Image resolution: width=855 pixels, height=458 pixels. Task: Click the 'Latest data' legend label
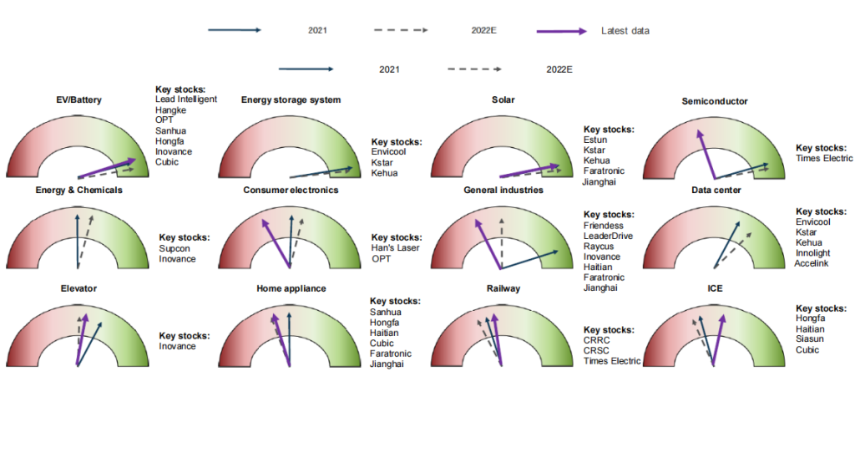click(625, 31)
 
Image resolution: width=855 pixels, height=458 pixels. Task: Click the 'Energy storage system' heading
click(291, 100)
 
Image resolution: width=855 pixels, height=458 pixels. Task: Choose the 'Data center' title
click(716, 191)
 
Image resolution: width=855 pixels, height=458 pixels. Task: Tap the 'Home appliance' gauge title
click(291, 288)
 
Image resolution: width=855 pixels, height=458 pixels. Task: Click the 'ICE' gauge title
click(715, 288)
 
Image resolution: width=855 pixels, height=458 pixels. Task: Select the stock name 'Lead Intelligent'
click(186, 99)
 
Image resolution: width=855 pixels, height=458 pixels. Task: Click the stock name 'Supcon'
click(175, 248)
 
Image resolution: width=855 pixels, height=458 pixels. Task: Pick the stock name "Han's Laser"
click(396, 248)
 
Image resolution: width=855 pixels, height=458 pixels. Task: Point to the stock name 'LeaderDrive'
click(612, 237)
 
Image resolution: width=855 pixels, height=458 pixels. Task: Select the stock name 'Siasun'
click(811, 339)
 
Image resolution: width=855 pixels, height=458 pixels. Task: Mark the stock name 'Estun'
click(595, 140)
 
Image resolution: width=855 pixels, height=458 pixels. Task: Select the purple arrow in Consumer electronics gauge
click(275, 242)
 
